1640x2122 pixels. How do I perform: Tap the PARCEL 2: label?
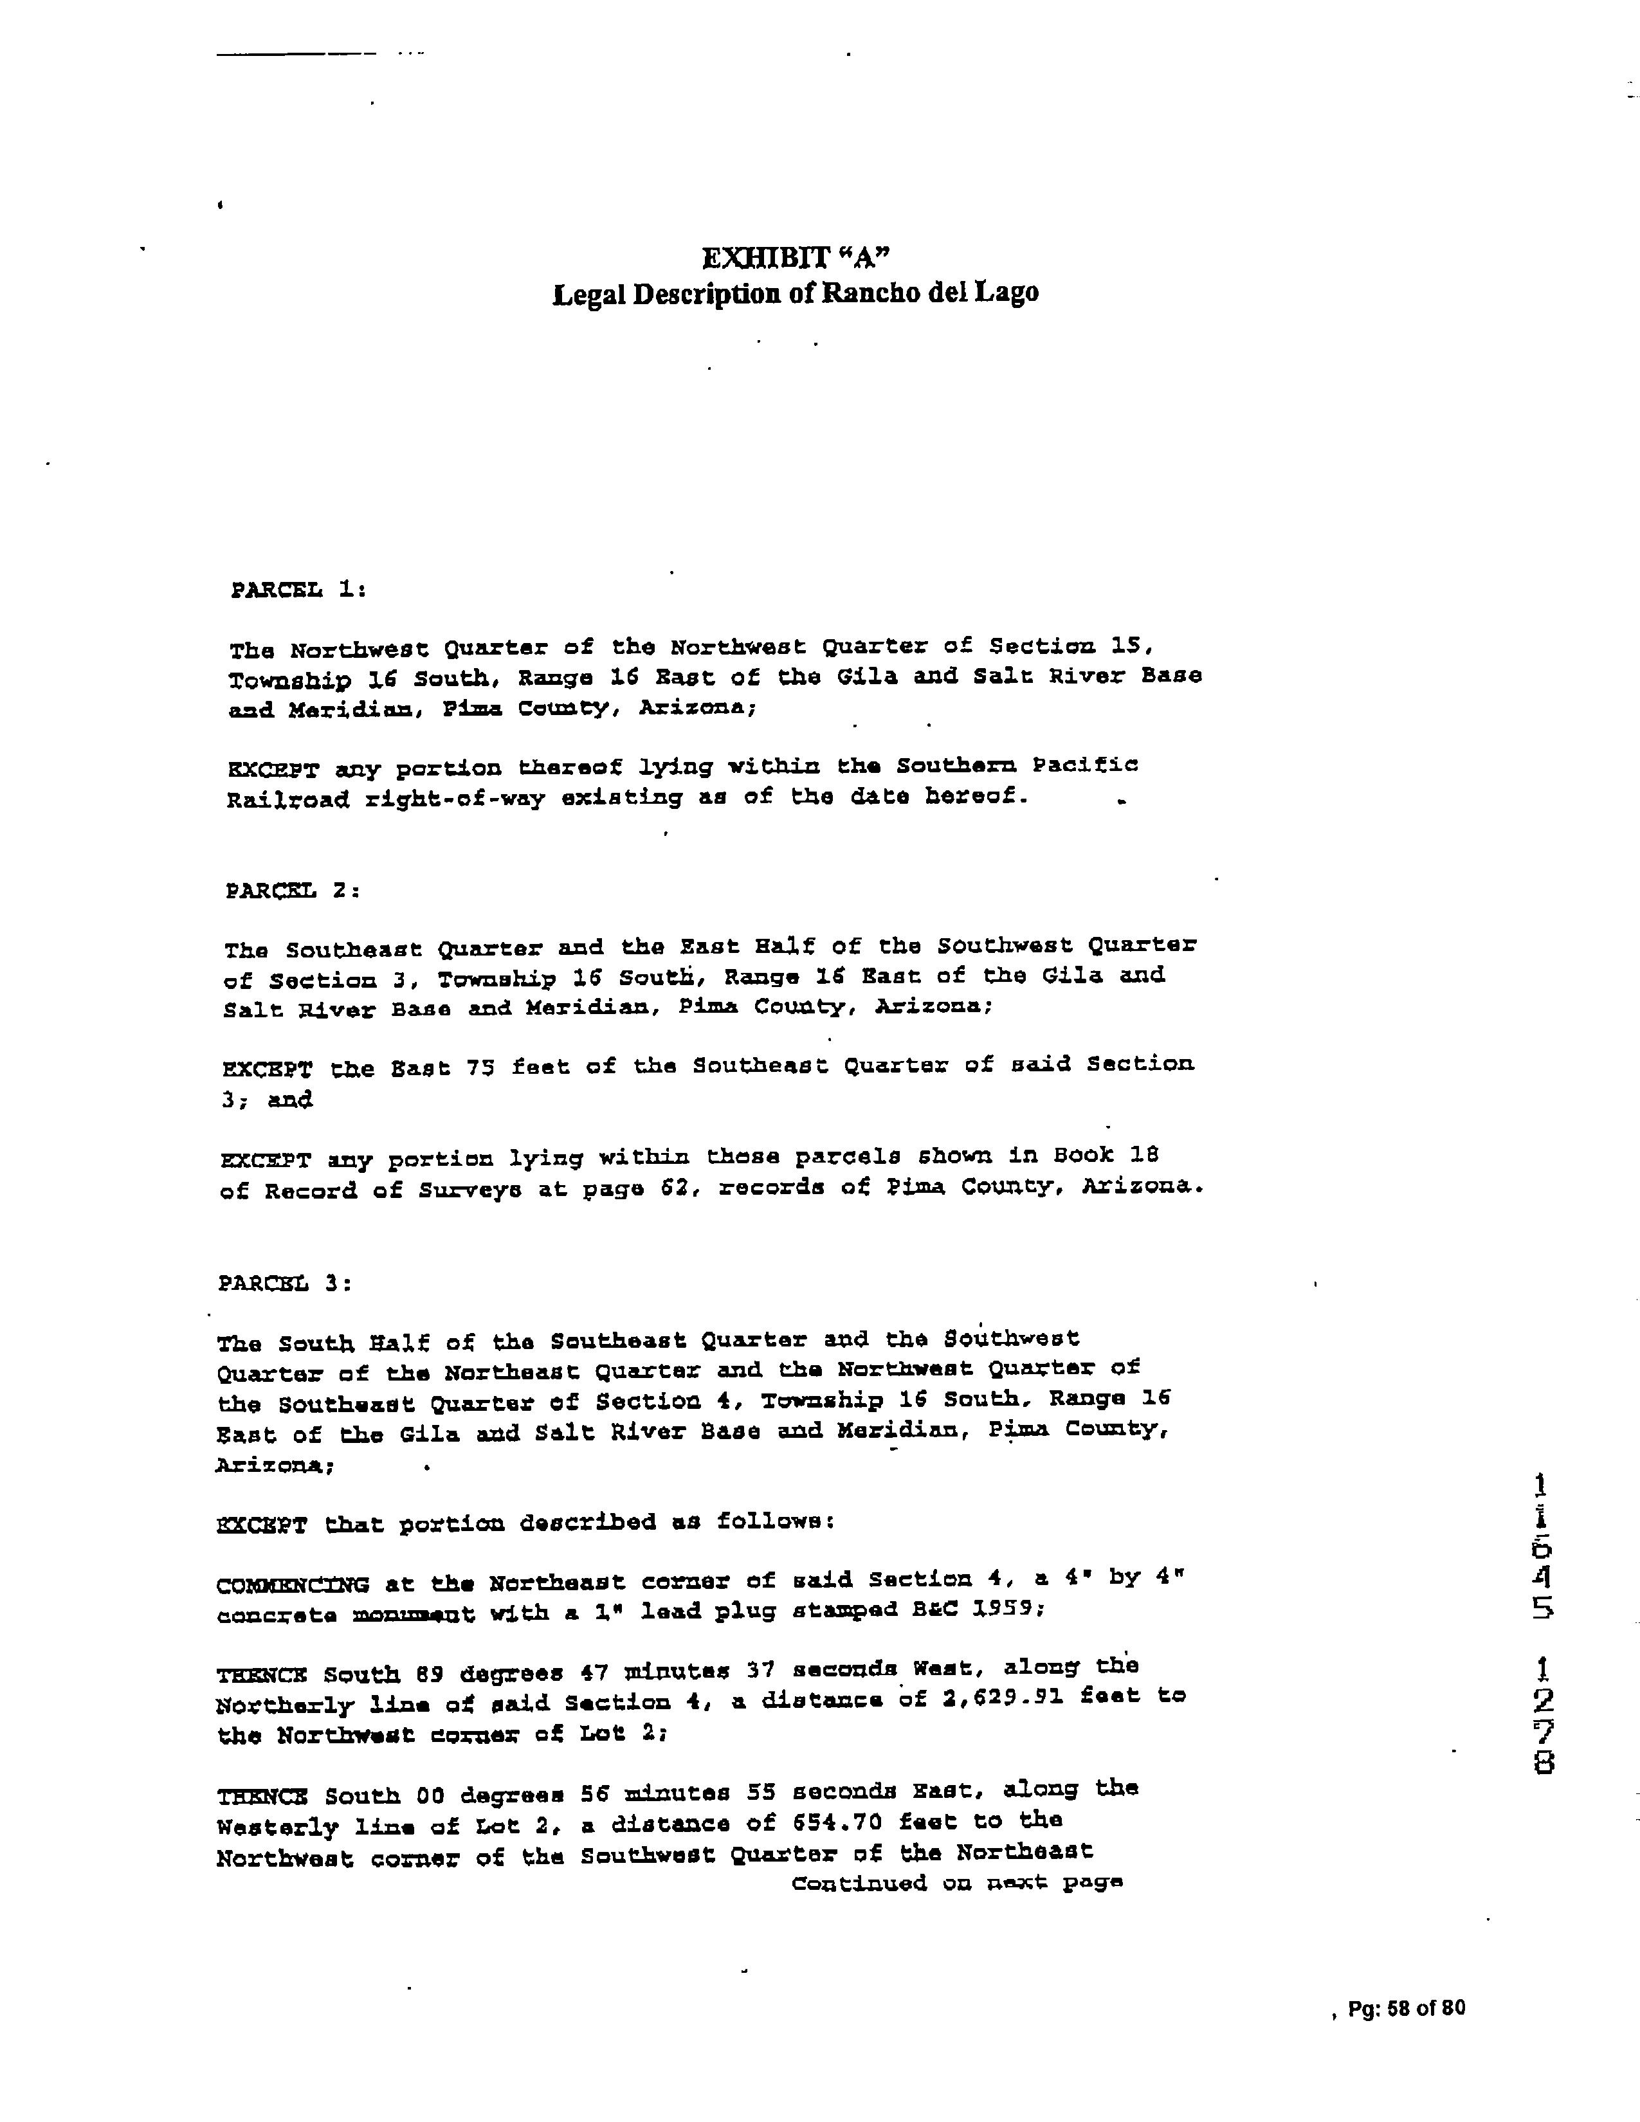[x=293, y=890]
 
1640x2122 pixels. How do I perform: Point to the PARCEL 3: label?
[x=285, y=1283]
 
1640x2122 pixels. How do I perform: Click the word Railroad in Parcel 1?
[x=287, y=801]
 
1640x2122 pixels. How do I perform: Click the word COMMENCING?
[x=293, y=1586]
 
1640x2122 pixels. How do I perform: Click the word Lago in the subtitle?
[x=1014, y=293]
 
